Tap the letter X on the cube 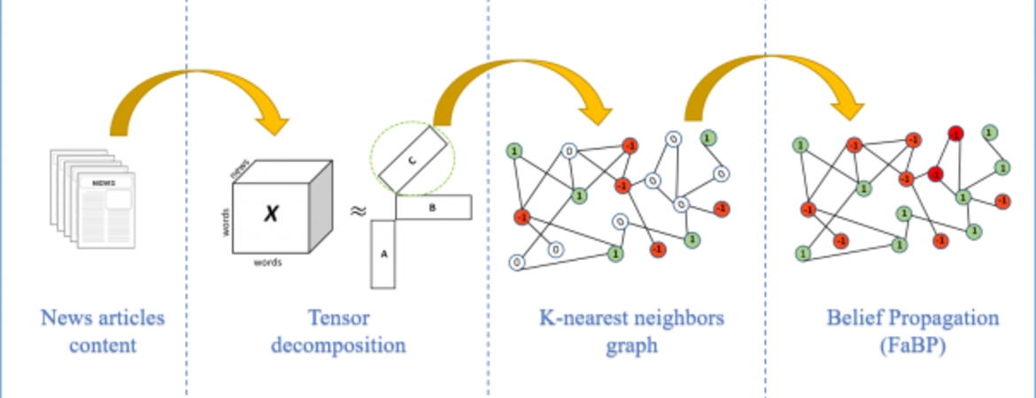(271, 212)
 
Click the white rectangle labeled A (383, 254)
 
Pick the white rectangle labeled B (433, 208)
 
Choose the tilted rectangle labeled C (411, 160)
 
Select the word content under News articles (103, 346)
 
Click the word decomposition (338, 346)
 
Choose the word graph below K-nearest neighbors (632, 346)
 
